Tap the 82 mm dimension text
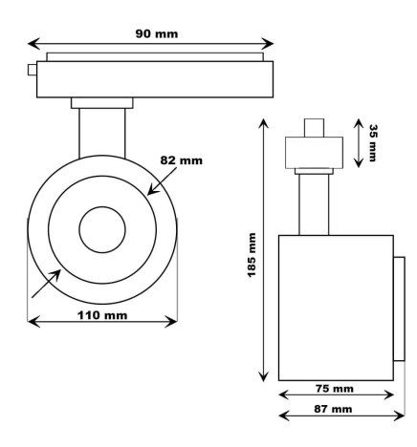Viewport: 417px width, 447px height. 182,160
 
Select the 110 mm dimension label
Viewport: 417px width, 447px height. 103,315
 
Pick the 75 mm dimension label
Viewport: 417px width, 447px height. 334,389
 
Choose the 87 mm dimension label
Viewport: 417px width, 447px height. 334,409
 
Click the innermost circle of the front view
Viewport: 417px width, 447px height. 102,228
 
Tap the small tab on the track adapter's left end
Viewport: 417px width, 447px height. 33,70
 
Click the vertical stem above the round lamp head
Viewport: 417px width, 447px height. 102,129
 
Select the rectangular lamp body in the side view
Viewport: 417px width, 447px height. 335,307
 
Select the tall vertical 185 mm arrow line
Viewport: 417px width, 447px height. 263,248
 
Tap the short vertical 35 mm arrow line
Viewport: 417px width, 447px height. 359,142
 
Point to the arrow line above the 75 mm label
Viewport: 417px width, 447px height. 335,397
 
